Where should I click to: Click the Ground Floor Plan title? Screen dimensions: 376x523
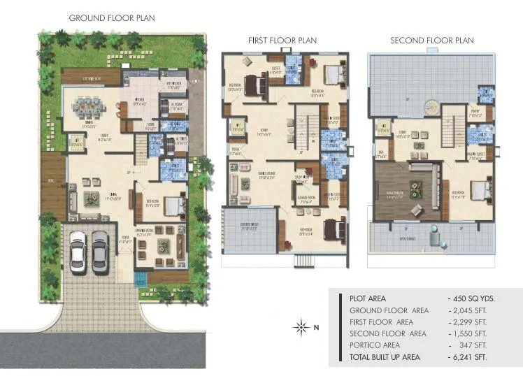tap(112, 17)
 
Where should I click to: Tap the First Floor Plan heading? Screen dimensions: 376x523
tap(282, 41)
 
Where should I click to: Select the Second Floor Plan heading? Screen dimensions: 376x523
tap(431, 41)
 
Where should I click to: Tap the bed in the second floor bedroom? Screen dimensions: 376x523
tap(476, 190)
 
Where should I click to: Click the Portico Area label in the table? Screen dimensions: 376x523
tap(375, 345)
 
